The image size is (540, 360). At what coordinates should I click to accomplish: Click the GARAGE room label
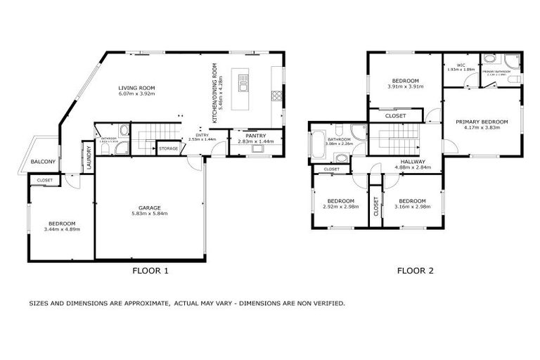[149, 207]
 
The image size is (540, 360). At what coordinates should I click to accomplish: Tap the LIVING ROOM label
[136, 86]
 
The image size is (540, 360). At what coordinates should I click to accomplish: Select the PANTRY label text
[255, 135]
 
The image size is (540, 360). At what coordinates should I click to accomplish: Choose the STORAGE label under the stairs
[168, 149]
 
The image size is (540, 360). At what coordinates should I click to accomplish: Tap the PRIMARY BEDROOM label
[482, 122]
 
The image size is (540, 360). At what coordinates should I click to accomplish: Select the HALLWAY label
[404, 162]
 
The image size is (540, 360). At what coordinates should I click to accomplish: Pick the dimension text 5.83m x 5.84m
[149, 214]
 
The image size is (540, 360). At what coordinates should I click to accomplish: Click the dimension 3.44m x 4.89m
[59, 229]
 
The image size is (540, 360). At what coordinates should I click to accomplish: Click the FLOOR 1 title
[150, 270]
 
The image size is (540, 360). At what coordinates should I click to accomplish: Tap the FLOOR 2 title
[414, 270]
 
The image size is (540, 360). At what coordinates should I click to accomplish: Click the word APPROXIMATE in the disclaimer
[144, 303]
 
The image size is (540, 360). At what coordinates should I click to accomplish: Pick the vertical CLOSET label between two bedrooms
[376, 206]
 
